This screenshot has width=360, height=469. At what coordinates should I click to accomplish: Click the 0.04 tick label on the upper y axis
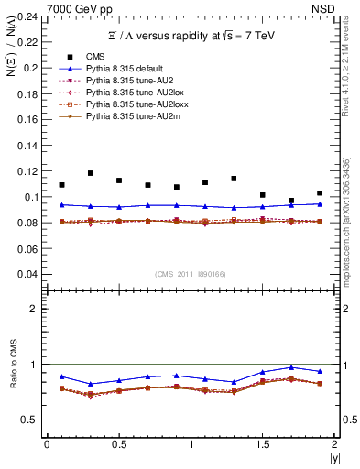coord(29,274)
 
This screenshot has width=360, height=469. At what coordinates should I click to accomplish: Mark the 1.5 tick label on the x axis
coord(263,444)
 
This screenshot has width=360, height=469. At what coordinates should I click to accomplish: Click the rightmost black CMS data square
coord(320,193)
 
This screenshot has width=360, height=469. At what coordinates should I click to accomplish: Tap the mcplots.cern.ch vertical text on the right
coord(351,220)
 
